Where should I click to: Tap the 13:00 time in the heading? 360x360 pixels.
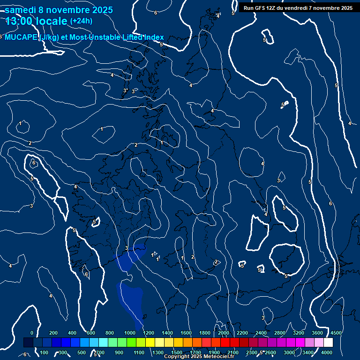click(21, 21)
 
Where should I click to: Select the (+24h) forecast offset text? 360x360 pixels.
click(81, 21)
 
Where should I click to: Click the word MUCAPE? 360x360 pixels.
click(21, 37)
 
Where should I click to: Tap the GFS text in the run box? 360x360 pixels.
click(261, 8)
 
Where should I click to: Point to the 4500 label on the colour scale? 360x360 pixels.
click(336, 333)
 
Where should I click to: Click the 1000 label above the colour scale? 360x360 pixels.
click(130, 333)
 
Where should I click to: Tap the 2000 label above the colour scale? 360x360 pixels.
click(224, 333)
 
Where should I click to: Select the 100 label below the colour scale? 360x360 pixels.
click(45, 352)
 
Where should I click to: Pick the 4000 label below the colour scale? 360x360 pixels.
click(327, 352)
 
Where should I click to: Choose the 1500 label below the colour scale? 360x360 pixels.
click(177, 352)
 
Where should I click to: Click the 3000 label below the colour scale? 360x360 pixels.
click(289, 352)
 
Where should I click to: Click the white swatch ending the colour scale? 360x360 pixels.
click(329, 343)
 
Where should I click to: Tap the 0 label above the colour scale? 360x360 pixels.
click(32, 333)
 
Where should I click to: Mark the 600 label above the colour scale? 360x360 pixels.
click(91, 333)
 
